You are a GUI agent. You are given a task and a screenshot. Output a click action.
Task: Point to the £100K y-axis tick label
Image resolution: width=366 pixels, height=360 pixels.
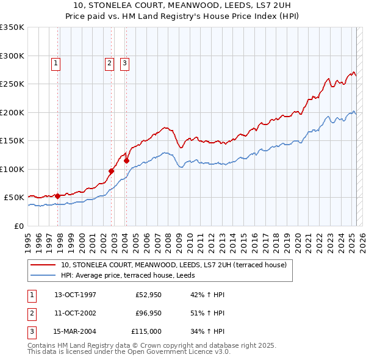12,169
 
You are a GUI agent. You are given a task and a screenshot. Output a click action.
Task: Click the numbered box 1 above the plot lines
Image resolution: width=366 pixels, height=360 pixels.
56,62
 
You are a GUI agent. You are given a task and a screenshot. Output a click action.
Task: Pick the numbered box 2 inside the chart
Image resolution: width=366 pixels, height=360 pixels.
109,62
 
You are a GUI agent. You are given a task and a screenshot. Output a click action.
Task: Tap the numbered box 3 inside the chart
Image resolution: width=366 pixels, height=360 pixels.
124,62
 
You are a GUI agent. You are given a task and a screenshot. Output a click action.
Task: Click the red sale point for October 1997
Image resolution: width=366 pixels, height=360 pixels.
57,196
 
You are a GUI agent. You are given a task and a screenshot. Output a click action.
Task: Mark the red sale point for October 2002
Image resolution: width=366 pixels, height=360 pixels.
112,171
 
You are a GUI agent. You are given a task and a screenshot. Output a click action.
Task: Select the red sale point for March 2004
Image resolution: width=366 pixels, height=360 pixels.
126,161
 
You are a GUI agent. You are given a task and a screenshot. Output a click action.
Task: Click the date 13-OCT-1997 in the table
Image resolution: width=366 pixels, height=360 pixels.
75,295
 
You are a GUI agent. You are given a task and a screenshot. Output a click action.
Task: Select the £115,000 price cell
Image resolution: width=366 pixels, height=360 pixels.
146,331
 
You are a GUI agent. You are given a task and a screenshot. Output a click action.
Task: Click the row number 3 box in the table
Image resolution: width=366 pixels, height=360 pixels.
30,331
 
